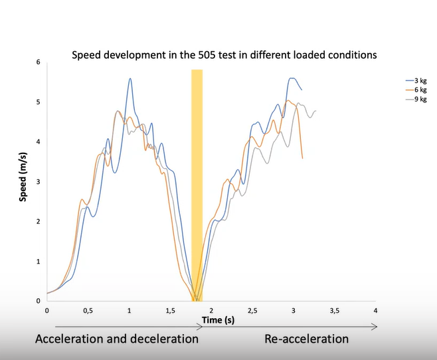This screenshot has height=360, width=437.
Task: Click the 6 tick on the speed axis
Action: coord(39,62)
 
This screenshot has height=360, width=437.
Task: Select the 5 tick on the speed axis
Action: coord(39,102)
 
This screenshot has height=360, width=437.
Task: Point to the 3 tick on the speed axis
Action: coord(39,182)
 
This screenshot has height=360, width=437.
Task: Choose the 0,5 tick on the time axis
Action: coord(88,311)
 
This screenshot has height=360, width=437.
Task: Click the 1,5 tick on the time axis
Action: coord(170,311)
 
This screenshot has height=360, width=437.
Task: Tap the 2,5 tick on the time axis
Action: coord(252,311)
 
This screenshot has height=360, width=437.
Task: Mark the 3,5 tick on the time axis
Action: coord(334,311)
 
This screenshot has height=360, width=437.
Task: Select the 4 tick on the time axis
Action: coord(376,311)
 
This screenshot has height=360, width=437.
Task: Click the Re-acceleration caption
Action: coord(306,339)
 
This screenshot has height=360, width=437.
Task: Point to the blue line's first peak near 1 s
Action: coord(130,78)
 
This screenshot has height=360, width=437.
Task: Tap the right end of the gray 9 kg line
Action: coord(316,111)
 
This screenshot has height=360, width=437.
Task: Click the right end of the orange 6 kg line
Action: coord(303,158)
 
